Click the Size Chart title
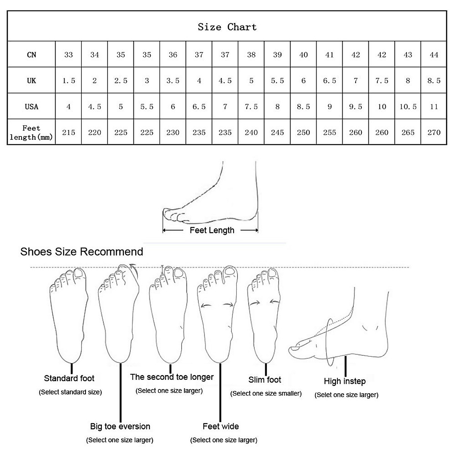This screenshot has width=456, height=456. point(227,27)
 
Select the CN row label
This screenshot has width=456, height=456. point(32,55)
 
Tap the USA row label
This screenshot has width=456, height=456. point(32,106)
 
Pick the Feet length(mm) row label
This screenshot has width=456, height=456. point(31,133)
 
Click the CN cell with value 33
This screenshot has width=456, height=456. point(68,55)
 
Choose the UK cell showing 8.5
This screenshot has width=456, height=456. point(434,81)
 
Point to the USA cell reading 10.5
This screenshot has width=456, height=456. point(408,106)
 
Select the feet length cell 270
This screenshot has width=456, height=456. point(434,133)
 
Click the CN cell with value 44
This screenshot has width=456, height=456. point(434,55)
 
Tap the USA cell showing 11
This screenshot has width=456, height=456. point(434,106)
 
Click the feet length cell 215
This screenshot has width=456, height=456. point(68,133)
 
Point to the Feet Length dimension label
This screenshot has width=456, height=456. point(212,230)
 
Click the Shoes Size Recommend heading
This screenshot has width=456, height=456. point(82,252)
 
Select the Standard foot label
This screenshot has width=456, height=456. point(69,378)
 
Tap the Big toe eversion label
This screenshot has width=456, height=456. point(120,426)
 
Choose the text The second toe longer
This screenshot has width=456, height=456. point(172,377)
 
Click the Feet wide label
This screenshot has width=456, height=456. point(221,426)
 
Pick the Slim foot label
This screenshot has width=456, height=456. point(265,380)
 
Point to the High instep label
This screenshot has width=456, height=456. point(345,381)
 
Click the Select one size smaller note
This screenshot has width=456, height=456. point(266,394)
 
